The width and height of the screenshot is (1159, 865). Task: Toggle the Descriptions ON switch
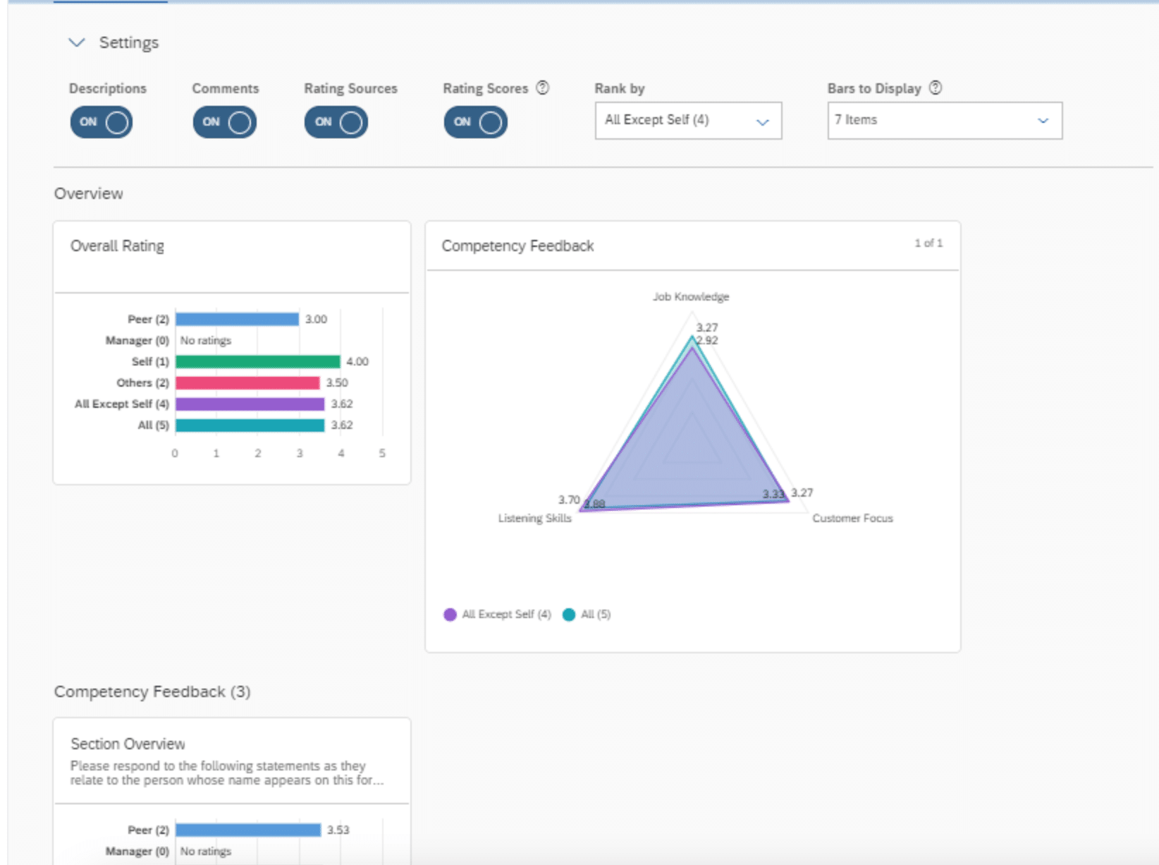[101, 122]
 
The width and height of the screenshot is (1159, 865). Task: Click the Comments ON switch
[224, 122]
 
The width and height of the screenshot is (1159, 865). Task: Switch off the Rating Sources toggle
[336, 122]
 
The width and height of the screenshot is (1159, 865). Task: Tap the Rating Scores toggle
[475, 122]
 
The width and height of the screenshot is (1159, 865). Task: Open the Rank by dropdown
[687, 121]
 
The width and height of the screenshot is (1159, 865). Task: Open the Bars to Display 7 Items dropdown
[944, 121]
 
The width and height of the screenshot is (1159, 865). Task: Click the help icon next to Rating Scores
[542, 87]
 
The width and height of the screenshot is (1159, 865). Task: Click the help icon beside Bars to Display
[935, 87]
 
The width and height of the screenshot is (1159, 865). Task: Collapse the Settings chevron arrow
[76, 42]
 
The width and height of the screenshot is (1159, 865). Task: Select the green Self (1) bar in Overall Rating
[257, 362]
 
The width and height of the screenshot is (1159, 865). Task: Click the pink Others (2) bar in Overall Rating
[247, 383]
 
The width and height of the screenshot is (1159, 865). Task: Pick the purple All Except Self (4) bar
[250, 404]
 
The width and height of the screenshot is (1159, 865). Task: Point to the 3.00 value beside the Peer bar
[316, 320]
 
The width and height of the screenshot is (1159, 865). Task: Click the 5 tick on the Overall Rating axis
[382, 454]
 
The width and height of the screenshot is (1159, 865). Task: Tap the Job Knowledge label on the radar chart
[690, 297]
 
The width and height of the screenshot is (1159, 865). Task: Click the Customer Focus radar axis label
[852, 519]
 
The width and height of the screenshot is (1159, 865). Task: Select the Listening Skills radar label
[534, 519]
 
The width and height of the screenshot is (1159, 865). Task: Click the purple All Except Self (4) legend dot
[450, 615]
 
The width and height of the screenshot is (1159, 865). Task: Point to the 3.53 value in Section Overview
[338, 830]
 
